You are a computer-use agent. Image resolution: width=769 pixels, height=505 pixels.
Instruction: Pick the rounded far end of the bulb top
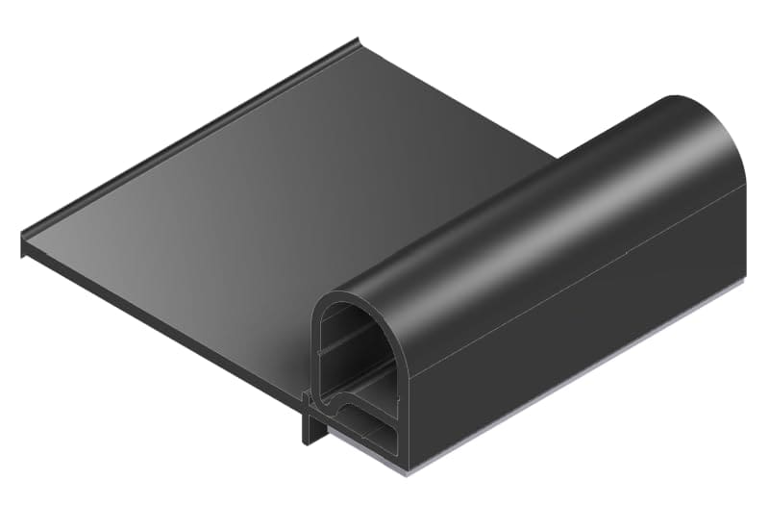coord(716,125)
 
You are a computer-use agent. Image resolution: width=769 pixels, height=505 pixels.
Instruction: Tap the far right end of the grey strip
coord(744,285)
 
